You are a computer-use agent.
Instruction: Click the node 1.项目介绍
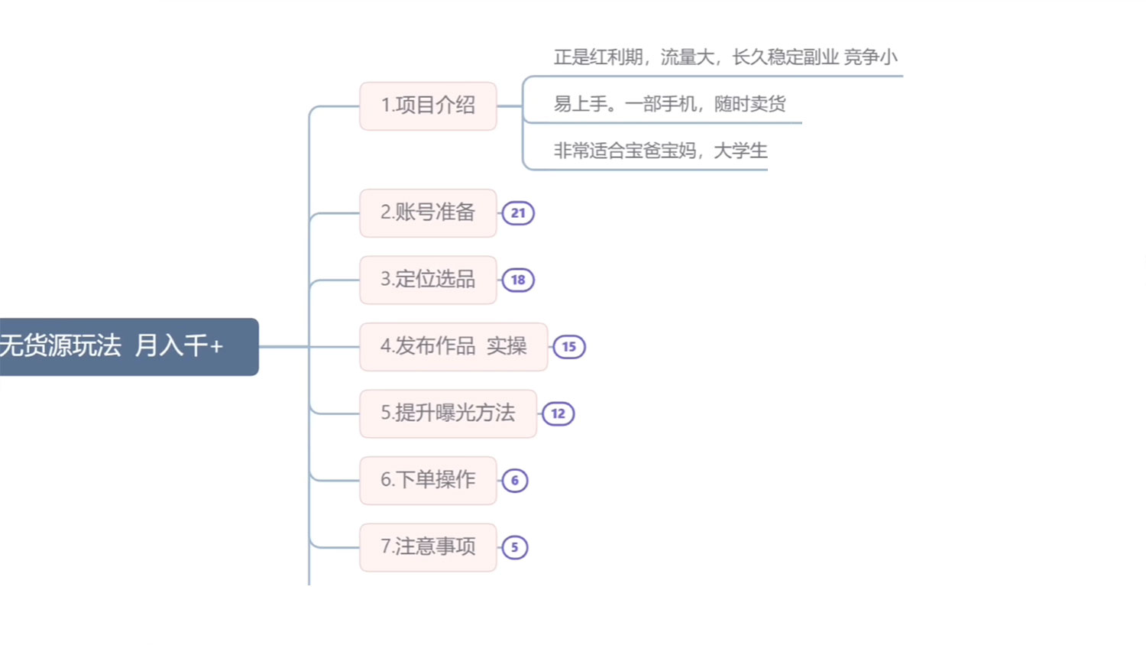428,105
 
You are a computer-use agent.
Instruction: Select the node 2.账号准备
428,212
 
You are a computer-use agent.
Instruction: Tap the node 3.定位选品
428,280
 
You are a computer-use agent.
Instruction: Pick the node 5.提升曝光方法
448,413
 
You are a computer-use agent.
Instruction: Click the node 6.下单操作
428,480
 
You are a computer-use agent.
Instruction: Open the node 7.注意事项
428,547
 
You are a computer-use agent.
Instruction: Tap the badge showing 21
518,213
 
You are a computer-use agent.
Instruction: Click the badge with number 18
518,280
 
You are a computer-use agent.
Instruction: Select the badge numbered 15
568,347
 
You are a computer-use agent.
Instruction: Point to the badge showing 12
558,413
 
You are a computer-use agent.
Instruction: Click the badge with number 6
514,481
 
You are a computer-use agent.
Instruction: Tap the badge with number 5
514,547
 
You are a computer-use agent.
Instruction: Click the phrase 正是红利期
597,57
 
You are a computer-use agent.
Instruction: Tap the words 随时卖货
749,104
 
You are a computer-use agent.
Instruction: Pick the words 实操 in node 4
507,346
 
